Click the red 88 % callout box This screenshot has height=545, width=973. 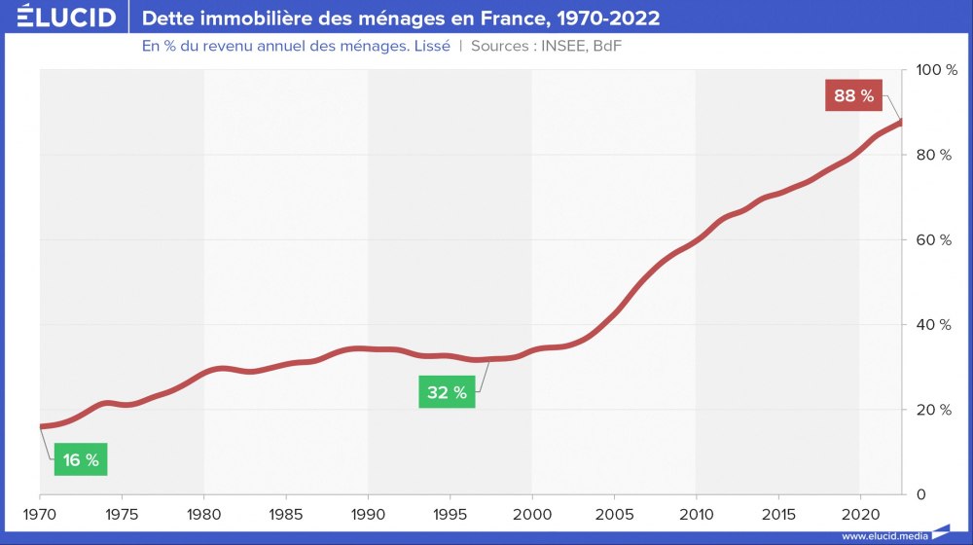(853, 96)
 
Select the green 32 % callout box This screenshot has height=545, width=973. (447, 393)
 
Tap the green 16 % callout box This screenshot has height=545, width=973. (80, 460)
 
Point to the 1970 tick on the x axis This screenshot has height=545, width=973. (40, 512)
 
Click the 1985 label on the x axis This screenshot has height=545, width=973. (286, 512)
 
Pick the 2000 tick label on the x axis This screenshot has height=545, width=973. (532, 512)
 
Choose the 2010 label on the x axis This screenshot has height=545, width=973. (696, 512)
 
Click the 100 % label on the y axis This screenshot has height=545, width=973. (938, 71)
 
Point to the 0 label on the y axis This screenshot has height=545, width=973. (920, 494)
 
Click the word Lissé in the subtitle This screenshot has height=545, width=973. (429, 46)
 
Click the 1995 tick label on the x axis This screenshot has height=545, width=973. (450, 512)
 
